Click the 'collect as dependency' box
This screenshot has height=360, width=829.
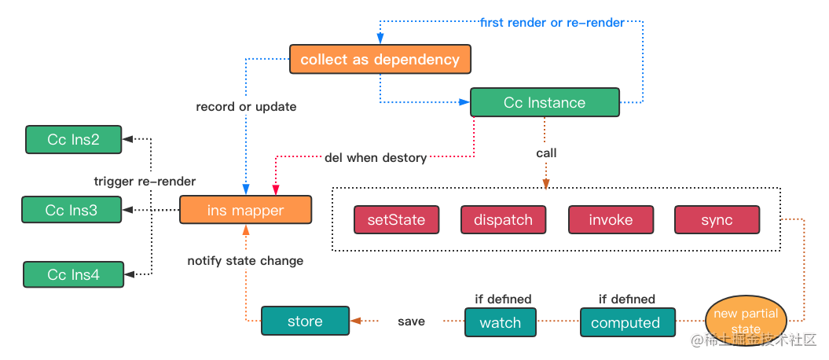tap(380, 59)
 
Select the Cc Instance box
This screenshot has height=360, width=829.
tap(545, 102)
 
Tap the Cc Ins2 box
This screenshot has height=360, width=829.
tap(74, 140)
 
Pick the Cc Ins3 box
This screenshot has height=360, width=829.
tap(72, 209)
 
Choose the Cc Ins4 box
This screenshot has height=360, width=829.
tap(73, 274)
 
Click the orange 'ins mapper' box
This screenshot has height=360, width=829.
tap(245, 210)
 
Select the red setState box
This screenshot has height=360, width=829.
tap(396, 219)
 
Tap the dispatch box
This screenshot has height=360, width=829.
tap(503, 219)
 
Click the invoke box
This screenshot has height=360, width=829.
tap(611, 219)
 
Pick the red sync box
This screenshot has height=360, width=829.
tap(717, 219)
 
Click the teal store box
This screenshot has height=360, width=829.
tap(305, 321)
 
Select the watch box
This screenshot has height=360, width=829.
tap(500, 322)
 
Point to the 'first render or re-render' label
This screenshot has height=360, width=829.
tap(552, 22)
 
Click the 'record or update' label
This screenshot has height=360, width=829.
tap(246, 107)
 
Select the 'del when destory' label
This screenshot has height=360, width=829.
tap(376, 157)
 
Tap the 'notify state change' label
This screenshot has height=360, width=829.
tap(245, 261)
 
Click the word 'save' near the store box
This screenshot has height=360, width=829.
tap(411, 321)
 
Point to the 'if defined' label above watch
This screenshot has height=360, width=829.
tap(504, 299)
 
